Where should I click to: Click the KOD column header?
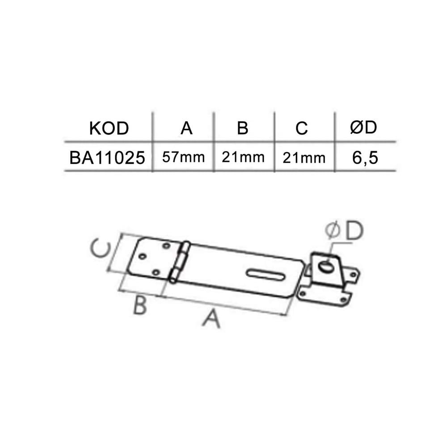coord(109,128)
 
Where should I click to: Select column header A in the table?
coord(186,128)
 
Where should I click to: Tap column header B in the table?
coord(243,128)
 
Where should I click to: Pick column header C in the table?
coord(302,129)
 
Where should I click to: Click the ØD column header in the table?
coord(363,127)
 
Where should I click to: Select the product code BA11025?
coord(107,158)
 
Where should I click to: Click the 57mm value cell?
coord(183,157)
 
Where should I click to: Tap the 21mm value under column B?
coord(243,157)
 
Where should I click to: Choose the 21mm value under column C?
coord(304,158)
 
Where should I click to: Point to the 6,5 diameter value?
coord(365,158)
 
